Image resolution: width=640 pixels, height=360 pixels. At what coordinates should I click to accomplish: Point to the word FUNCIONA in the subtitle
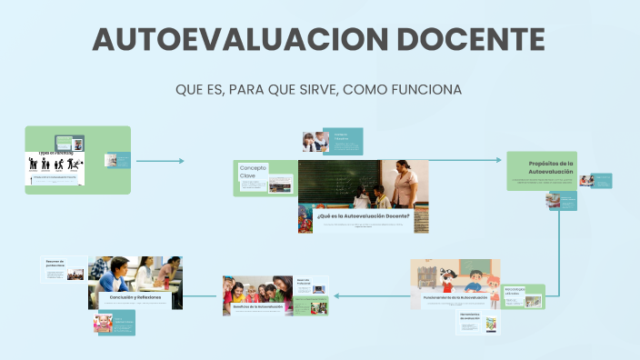(425, 90)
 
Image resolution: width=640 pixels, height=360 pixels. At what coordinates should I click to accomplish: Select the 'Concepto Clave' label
(253, 171)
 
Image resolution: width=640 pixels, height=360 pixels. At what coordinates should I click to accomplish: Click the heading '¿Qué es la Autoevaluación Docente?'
(363, 216)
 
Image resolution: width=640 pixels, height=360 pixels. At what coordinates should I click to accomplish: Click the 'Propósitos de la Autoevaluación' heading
(551, 167)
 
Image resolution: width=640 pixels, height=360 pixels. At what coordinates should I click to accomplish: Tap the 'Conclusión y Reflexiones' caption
(135, 297)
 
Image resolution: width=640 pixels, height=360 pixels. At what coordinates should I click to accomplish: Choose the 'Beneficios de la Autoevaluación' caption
(252, 306)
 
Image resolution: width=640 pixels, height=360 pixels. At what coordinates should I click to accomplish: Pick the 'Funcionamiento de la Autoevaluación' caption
(455, 297)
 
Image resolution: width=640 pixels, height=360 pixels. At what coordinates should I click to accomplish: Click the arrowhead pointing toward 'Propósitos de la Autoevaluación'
(500, 161)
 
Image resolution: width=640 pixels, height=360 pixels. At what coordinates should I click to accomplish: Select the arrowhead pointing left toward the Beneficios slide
(336, 295)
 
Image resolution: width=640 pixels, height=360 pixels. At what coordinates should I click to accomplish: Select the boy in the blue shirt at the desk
(117, 274)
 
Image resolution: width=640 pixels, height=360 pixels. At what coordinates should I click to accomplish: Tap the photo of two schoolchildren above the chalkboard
(315, 141)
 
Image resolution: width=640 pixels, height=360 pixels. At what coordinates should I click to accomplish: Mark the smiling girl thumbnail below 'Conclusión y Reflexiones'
(102, 323)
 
